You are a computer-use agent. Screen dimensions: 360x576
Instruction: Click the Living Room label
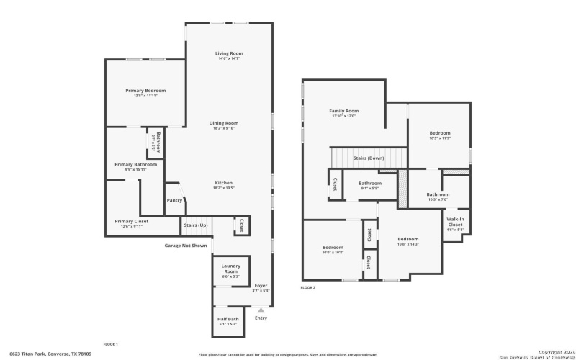[x=229, y=53]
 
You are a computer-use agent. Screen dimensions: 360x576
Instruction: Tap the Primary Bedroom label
[x=145, y=91]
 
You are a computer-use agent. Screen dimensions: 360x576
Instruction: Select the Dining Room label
[x=224, y=123]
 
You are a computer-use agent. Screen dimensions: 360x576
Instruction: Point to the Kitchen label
[x=223, y=184]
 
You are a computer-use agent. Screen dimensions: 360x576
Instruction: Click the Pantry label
[x=174, y=200]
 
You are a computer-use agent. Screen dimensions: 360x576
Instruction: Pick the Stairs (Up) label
[x=195, y=225]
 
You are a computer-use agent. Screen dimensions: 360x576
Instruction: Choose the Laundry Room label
[x=230, y=269]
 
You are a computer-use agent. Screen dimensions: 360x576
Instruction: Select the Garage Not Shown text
[x=186, y=246]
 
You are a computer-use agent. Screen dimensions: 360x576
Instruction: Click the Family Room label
[x=343, y=111]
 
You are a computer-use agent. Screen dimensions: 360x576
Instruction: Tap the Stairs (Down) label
[x=368, y=158]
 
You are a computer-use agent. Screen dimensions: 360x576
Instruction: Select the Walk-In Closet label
[x=455, y=222]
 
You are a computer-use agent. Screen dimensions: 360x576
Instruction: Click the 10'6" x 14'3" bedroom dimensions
[x=408, y=244]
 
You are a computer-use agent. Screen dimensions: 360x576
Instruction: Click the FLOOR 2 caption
[x=308, y=287]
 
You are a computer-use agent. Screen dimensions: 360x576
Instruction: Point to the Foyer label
[x=261, y=286]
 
